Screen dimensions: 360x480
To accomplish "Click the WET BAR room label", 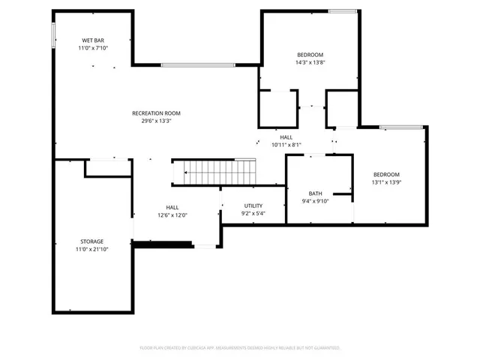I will point(93,40).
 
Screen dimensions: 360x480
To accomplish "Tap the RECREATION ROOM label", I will point(156,113).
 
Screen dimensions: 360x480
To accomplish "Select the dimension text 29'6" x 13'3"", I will point(156,121).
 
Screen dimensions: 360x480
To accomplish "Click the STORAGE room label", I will point(92,241).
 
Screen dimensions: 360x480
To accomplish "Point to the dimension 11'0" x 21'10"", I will point(92,250).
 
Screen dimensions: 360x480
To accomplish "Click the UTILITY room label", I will point(253,205).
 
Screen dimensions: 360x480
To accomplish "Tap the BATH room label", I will point(315,193).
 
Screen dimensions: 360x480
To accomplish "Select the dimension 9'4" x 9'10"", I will point(315,201).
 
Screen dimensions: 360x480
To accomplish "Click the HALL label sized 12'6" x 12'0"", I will point(172,208).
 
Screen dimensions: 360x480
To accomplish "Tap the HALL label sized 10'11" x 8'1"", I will point(286,137).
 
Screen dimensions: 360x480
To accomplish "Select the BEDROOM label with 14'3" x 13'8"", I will point(310,55).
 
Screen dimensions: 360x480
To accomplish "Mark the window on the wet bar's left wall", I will point(53,35).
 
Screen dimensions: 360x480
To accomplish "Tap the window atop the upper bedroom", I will point(343,11).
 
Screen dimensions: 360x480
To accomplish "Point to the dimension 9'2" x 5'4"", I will point(253,214).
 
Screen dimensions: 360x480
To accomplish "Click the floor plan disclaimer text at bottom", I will point(240,348).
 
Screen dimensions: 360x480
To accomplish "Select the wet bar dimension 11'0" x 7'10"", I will point(93,48).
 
